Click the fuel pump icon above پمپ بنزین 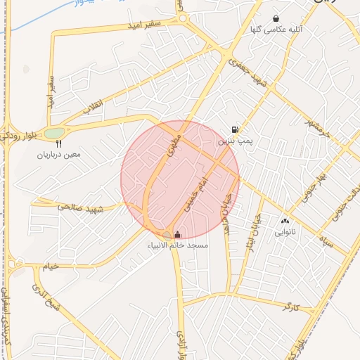234,129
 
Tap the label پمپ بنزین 234,141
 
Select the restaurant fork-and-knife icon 59,143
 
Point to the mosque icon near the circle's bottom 176,234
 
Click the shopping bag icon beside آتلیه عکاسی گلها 276,19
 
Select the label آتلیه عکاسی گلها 276,30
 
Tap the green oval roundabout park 54,133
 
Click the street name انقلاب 94,107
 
